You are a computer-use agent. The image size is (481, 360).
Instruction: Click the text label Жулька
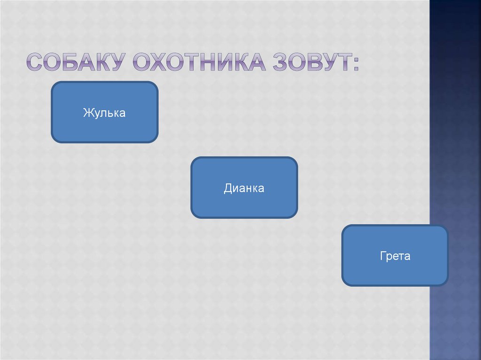(x=104, y=113)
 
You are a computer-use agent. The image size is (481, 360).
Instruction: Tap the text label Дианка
(x=244, y=189)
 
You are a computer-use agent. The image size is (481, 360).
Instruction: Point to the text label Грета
(x=395, y=256)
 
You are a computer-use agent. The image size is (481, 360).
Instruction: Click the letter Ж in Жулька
(x=87, y=113)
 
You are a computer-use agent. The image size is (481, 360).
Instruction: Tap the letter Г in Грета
(x=383, y=256)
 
